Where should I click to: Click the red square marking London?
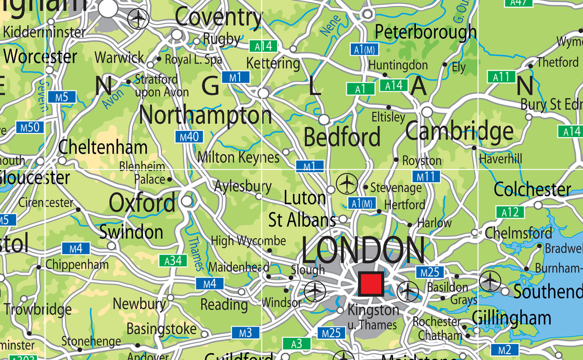click(x=371, y=284)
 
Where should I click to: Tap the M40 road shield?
click(x=189, y=137)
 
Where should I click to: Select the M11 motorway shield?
click(x=426, y=177)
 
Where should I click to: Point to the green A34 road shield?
click(x=173, y=261)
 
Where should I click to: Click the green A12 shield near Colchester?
click(x=510, y=212)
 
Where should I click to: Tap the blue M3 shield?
click(x=245, y=333)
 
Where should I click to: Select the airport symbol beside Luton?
click(x=347, y=183)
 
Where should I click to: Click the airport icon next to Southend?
click(x=490, y=281)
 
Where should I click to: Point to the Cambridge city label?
click(x=459, y=132)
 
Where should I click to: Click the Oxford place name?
click(x=142, y=203)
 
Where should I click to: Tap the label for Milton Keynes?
click(x=239, y=157)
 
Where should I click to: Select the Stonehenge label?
click(x=91, y=341)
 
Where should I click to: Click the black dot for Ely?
click(x=445, y=65)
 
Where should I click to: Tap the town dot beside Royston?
click(x=396, y=159)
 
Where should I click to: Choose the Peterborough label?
click(x=426, y=33)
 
